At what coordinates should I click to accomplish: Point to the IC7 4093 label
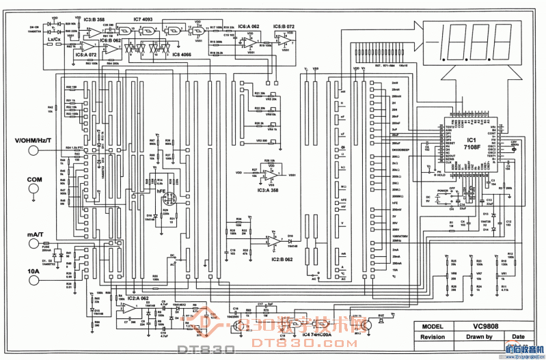pyautogui.click(x=143, y=19)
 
